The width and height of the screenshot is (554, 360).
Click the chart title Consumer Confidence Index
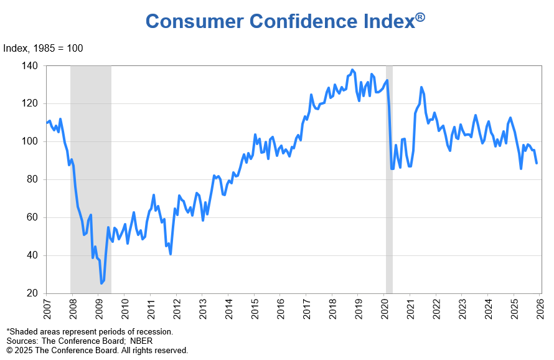click(x=279, y=21)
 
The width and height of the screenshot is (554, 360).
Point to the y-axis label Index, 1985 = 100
click(x=43, y=49)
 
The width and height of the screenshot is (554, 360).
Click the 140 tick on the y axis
click(x=29, y=65)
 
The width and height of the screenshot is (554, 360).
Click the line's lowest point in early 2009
click(x=101, y=283)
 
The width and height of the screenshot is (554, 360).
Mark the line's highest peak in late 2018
click(x=352, y=70)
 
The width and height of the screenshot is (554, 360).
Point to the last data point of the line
click(x=537, y=163)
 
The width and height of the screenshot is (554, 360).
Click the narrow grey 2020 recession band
click(x=389, y=187)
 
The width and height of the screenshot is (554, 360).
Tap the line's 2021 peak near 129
click(x=421, y=87)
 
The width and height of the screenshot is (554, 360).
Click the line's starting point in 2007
click(x=47, y=123)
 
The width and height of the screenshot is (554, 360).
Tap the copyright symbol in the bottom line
click(x=9, y=351)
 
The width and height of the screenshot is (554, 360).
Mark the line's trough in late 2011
click(x=171, y=254)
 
